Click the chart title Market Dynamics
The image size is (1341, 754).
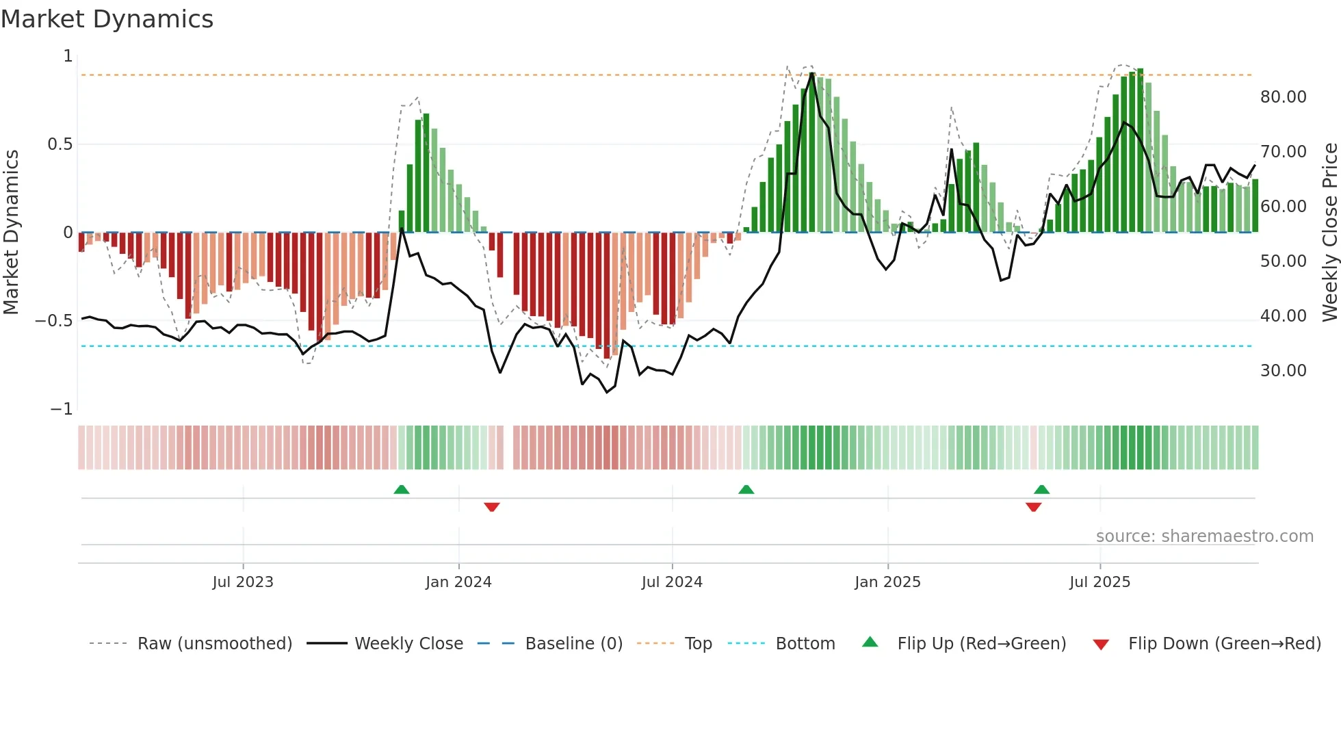107,19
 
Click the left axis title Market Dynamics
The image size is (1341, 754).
11,232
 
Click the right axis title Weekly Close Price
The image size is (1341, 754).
1329,232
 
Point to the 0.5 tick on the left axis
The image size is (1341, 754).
60,144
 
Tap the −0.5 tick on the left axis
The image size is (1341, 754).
54,321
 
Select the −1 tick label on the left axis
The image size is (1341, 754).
62,409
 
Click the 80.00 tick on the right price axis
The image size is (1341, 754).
1283,97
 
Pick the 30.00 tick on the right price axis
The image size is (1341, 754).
1283,371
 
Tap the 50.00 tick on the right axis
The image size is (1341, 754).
1283,261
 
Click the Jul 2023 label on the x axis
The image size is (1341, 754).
243,582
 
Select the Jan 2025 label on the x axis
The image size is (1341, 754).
887,582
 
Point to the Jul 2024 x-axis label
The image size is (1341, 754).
672,582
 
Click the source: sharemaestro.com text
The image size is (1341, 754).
1204,536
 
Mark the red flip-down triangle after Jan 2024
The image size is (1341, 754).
492,507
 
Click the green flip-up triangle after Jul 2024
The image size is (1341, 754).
746,489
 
